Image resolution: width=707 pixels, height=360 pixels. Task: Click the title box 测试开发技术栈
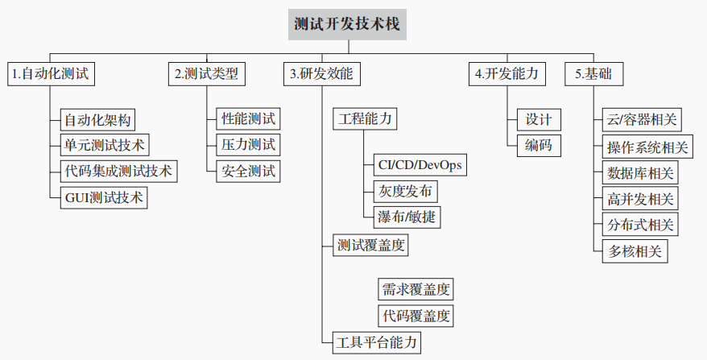[x=347, y=25]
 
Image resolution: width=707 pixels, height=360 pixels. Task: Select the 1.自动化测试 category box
[x=52, y=74]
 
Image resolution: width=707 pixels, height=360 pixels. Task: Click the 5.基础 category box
[x=593, y=74]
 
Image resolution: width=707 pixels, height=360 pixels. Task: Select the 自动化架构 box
[x=98, y=120]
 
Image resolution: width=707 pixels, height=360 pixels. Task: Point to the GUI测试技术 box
[x=105, y=197]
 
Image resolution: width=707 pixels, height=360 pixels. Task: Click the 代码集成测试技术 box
[x=118, y=172]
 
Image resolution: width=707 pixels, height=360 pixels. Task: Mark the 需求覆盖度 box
[x=416, y=288]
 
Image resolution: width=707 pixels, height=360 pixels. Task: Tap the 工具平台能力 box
[x=377, y=341]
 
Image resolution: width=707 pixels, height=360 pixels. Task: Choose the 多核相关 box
[x=634, y=250]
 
